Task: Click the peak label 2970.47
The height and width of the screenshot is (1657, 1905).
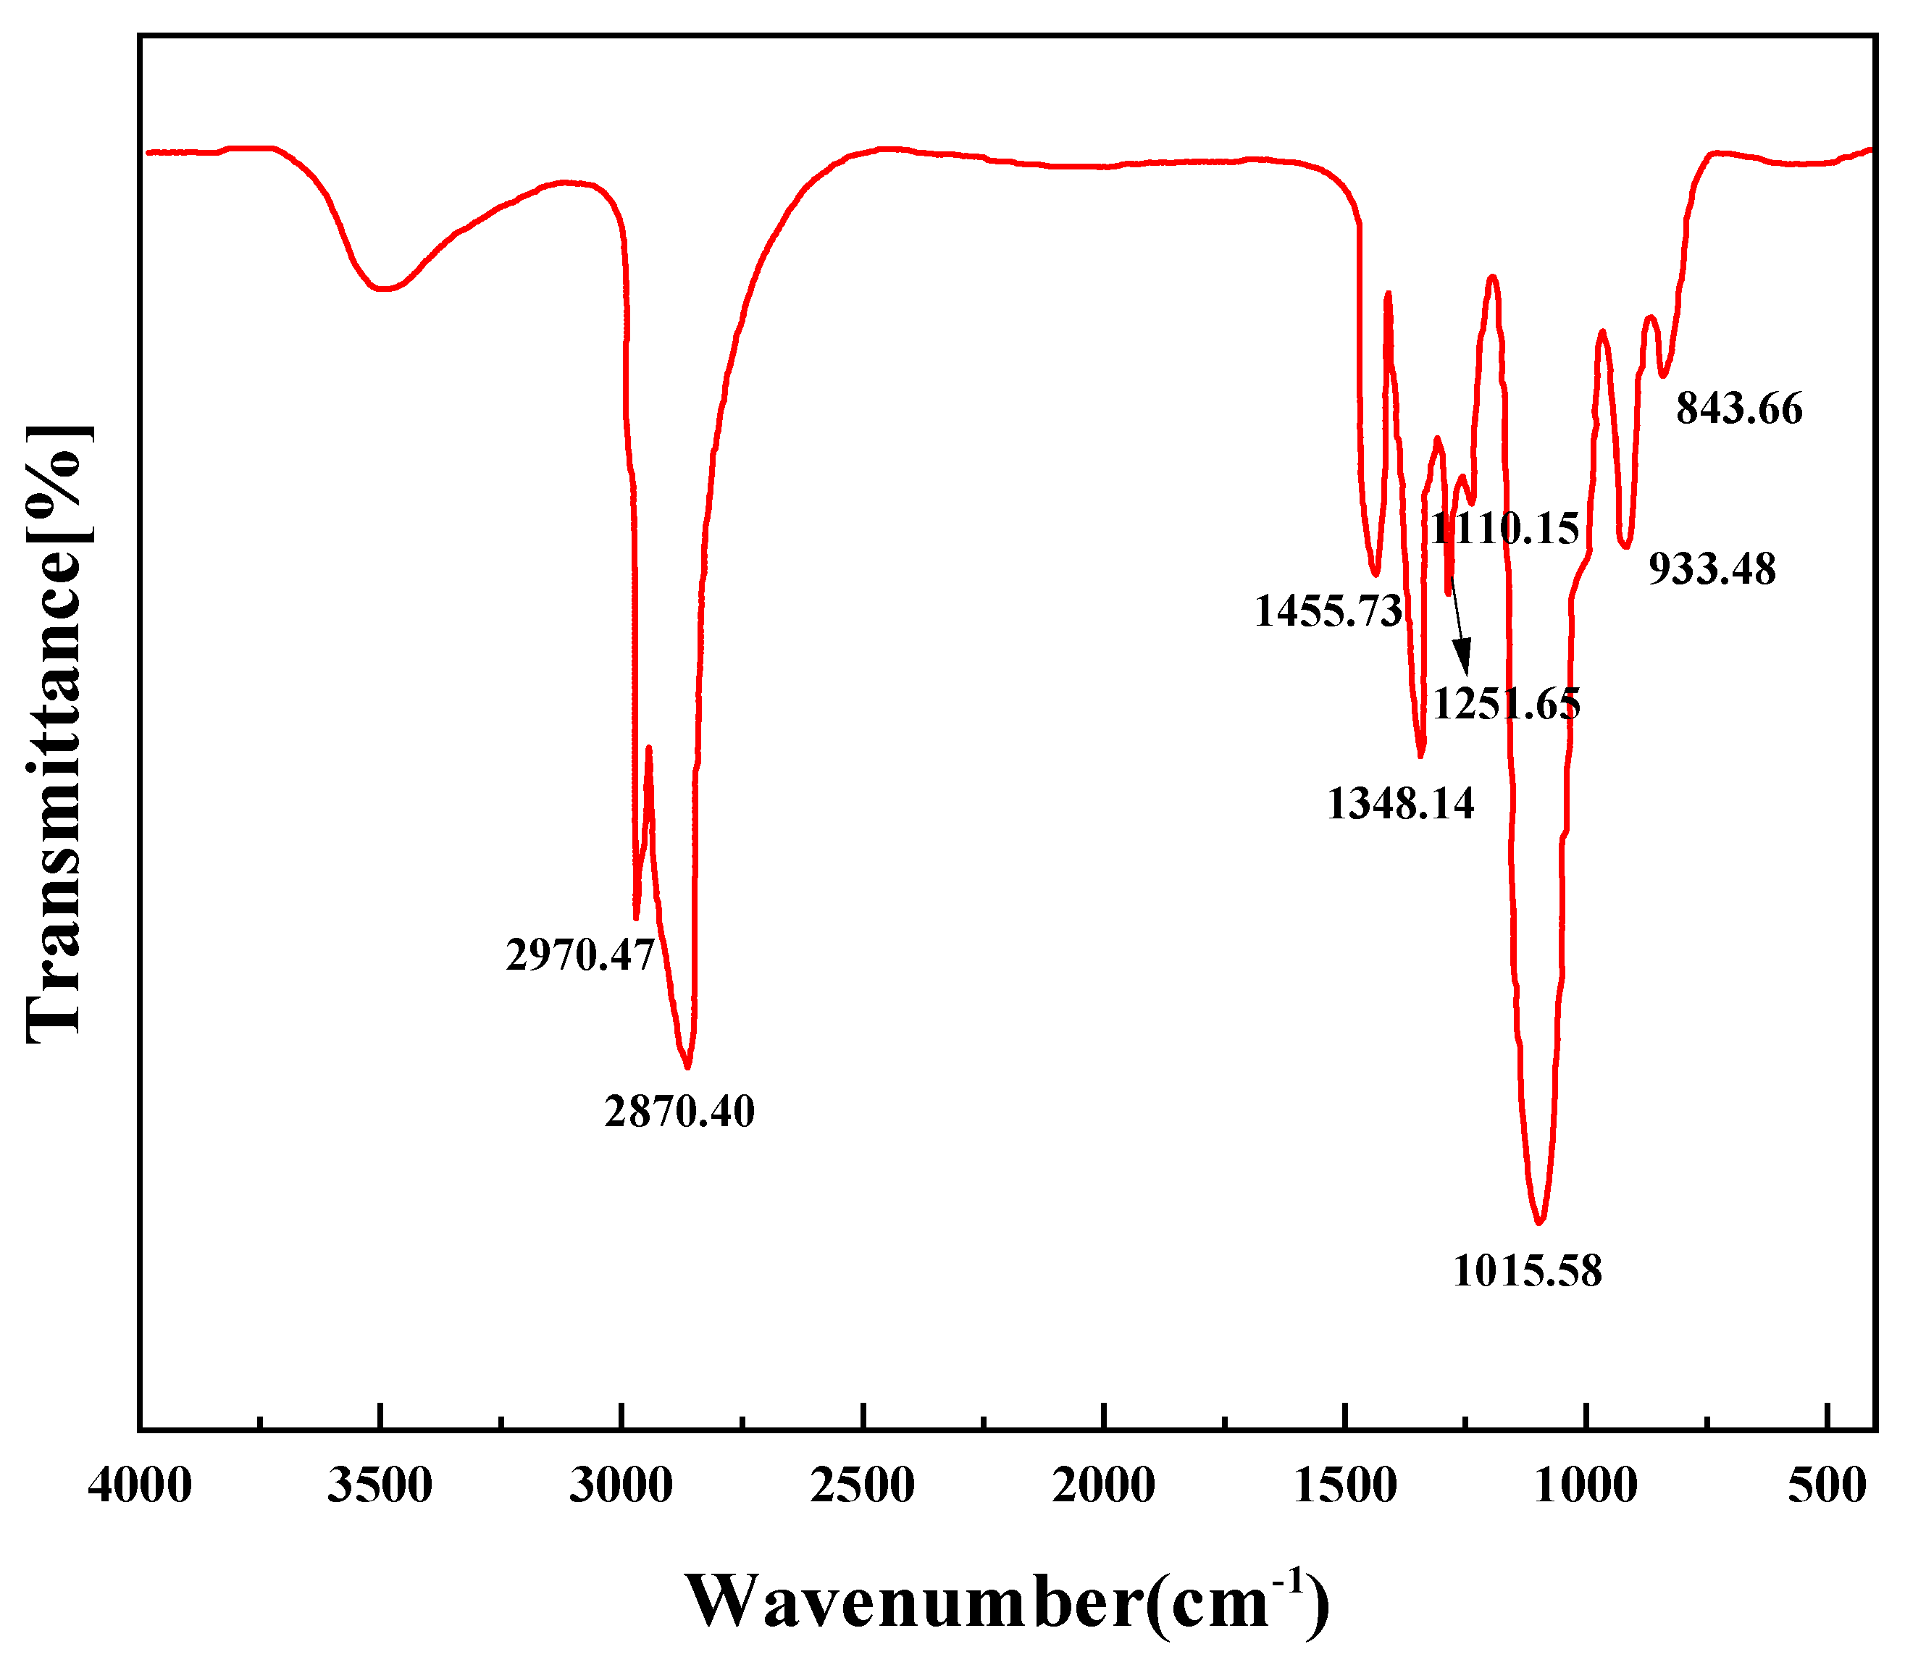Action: tap(579, 955)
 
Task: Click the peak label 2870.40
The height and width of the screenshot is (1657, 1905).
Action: tap(679, 1110)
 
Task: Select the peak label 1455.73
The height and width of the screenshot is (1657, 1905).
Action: tap(1328, 611)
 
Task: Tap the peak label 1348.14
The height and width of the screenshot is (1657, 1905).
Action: tap(1400, 804)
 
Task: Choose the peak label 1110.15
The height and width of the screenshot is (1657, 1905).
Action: tap(1504, 529)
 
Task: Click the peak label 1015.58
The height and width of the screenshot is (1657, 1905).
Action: tap(1527, 1272)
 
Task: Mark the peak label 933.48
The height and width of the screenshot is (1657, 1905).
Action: tap(1712, 569)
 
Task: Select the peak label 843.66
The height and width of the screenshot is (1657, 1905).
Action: tap(1739, 408)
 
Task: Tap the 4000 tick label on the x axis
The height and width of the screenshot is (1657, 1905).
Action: tap(141, 1487)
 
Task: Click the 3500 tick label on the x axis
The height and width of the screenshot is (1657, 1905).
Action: tap(380, 1487)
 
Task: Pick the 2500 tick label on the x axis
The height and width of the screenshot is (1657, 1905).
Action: tap(863, 1487)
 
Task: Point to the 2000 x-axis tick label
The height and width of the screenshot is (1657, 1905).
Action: tap(1104, 1487)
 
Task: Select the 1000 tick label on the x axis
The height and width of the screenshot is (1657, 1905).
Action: tap(1587, 1487)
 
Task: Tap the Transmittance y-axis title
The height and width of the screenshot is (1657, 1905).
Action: tap(57, 735)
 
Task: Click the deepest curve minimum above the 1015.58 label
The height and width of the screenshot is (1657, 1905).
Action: tap(1538, 1222)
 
